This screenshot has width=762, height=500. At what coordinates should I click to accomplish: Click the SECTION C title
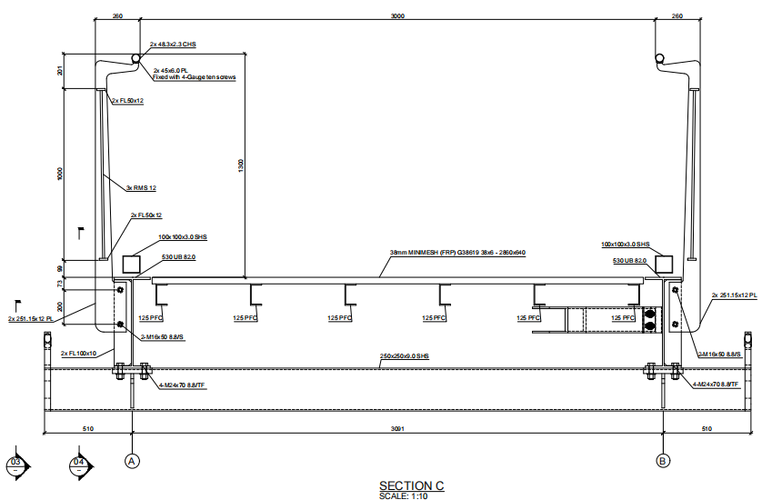411,485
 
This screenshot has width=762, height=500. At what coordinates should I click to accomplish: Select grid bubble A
133,461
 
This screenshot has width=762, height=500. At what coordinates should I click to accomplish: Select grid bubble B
663,461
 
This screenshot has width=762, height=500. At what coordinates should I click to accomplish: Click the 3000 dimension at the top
397,15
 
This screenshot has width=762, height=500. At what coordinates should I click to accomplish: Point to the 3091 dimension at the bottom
397,427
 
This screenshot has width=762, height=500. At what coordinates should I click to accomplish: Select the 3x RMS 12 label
142,187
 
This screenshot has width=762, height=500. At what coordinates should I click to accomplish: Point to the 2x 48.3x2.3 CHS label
175,45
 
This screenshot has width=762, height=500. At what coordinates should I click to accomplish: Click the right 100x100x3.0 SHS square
663,263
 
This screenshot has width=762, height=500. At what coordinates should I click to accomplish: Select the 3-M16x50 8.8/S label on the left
161,337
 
